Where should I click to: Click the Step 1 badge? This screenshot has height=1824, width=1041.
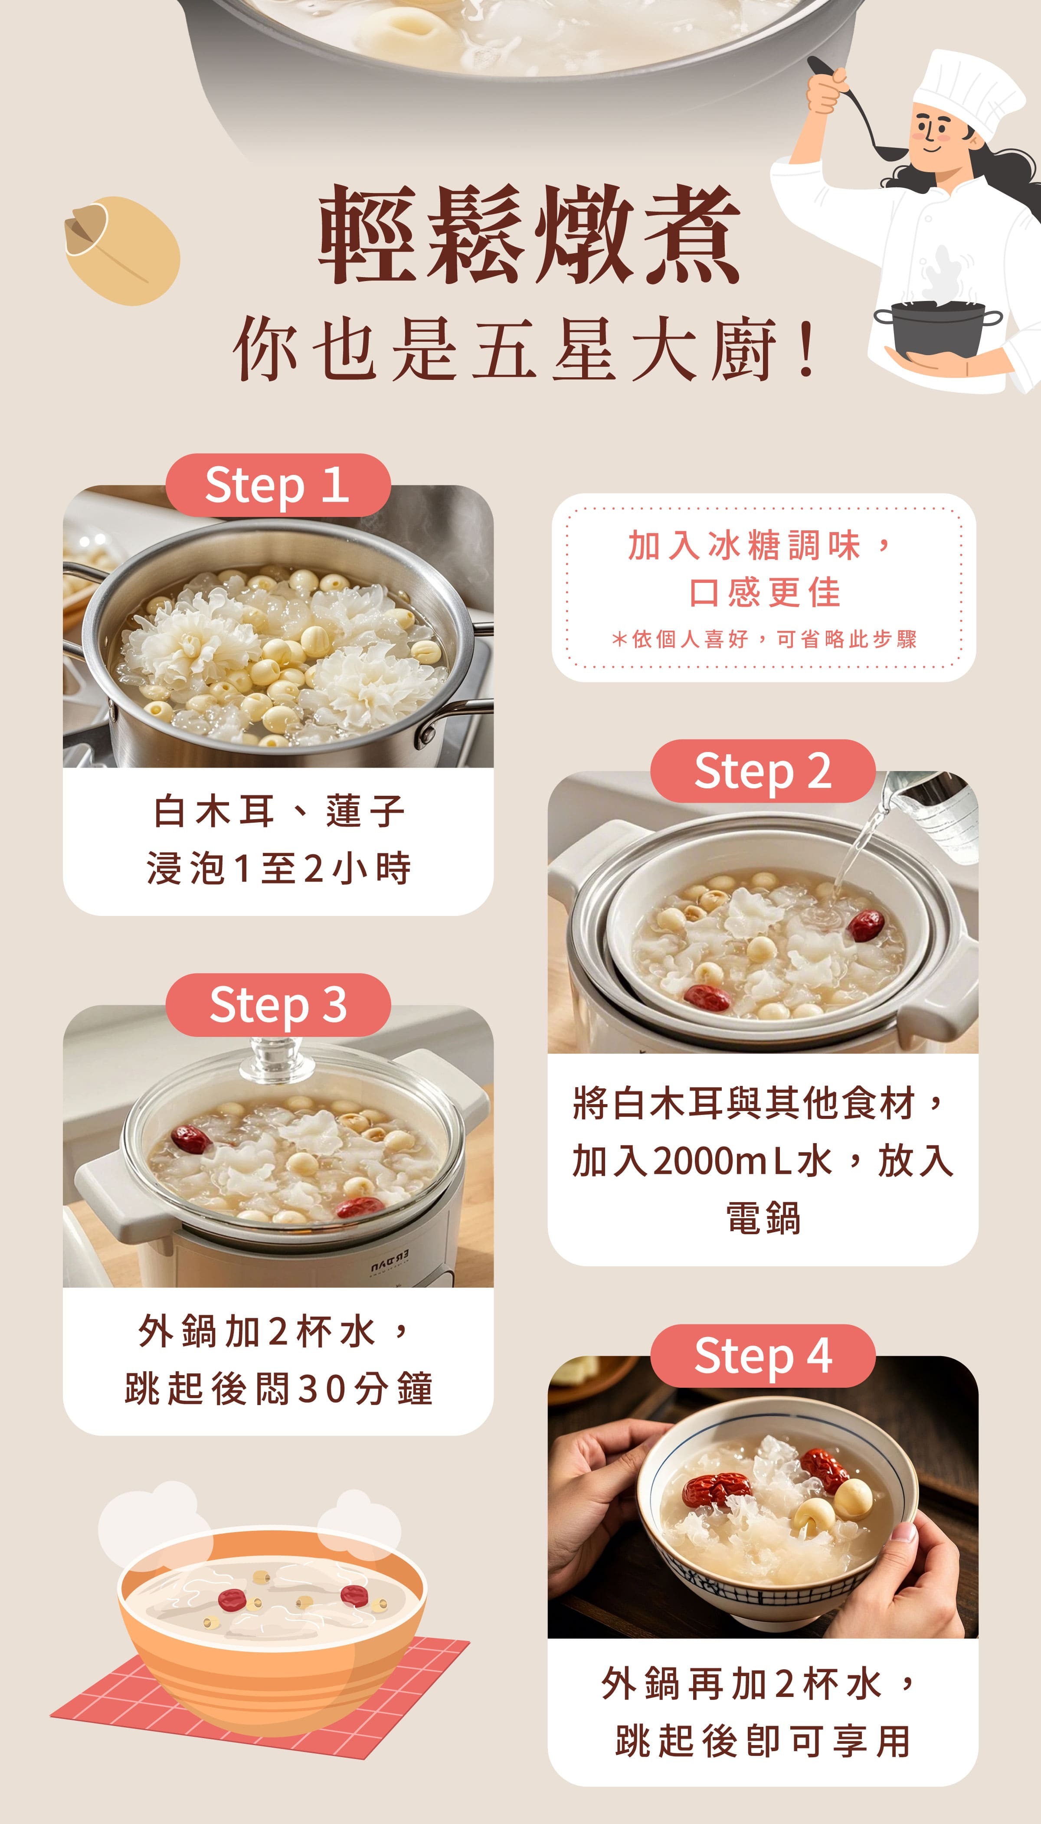click(x=278, y=485)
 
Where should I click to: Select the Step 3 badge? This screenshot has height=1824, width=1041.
click(x=278, y=1005)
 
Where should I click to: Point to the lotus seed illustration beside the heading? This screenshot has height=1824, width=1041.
click(x=121, y=250)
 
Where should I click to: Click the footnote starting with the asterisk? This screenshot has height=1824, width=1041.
click(x=763, y=639)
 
